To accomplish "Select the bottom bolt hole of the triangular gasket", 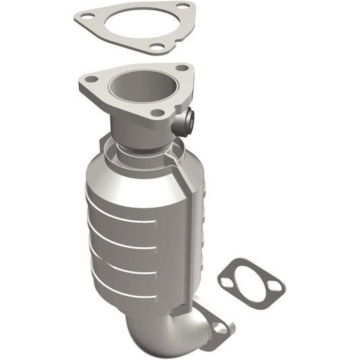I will (x=157, y=47).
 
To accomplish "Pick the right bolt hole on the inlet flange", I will (x=182, y=68).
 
